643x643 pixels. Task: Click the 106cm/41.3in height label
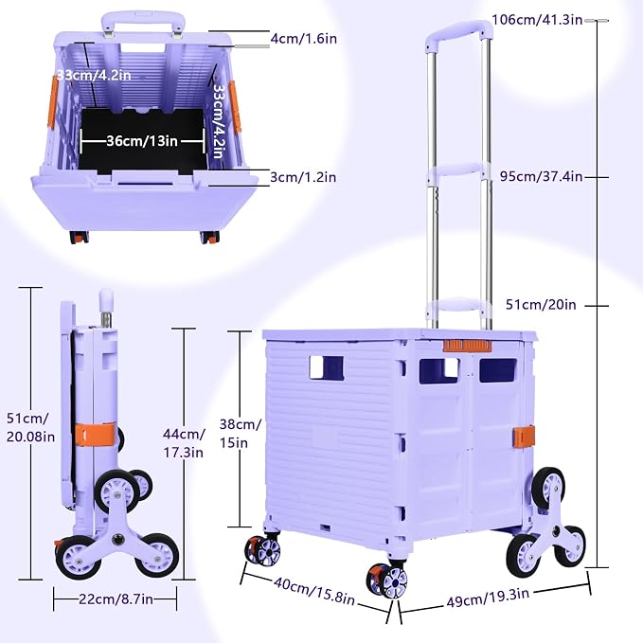(537, 20)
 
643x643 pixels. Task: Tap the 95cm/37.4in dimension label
(541, 176)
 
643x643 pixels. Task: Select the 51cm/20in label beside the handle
(541, 305)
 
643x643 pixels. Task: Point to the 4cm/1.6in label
(303, 39)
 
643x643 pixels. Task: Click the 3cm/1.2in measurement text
(303, 177)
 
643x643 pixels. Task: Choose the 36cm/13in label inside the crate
(142, 141)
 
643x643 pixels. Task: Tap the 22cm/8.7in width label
(116, 599)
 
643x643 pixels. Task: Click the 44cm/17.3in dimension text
(184, 443)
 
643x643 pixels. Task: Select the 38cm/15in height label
(240, 434)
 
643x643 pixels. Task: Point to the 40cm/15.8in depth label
(314, 591)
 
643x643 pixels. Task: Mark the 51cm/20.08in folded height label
(30, 428)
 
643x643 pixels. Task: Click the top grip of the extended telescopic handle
(458, 33)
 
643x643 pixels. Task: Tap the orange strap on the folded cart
(96, 435)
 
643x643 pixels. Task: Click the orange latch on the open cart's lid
(467, 346)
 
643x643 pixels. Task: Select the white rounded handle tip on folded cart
(106, 300)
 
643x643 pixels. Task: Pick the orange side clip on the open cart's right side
(524, 437)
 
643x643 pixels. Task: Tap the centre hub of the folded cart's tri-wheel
(119, 539)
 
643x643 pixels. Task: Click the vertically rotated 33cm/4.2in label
(218, 121)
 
